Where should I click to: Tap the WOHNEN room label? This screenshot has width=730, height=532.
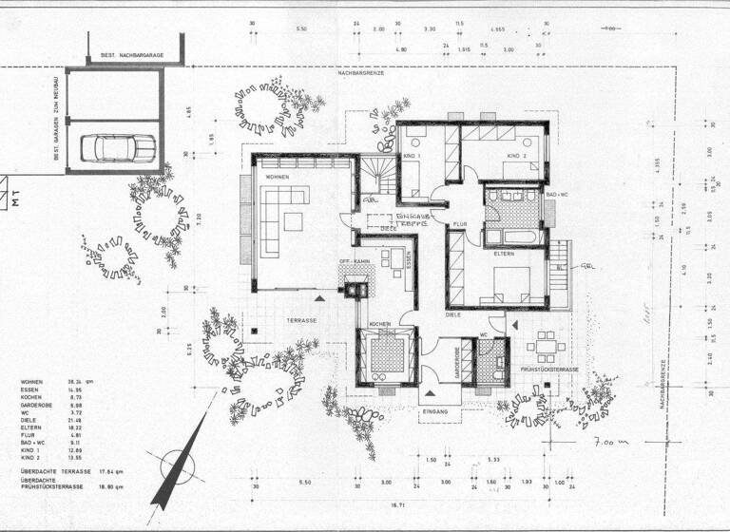coord(278,178)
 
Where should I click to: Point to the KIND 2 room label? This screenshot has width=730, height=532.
coord(516,155)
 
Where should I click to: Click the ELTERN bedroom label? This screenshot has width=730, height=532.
coord(505,255)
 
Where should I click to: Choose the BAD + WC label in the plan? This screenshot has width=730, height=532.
coord(557,196)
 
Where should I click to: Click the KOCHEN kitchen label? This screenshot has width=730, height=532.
coord(381,324)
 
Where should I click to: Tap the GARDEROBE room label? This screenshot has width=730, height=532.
coord(458,362)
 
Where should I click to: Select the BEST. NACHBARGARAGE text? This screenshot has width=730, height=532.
coord(132,56)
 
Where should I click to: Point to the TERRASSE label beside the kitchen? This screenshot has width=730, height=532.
coord(302,321)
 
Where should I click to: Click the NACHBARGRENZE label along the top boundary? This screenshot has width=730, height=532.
coord(360,72)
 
